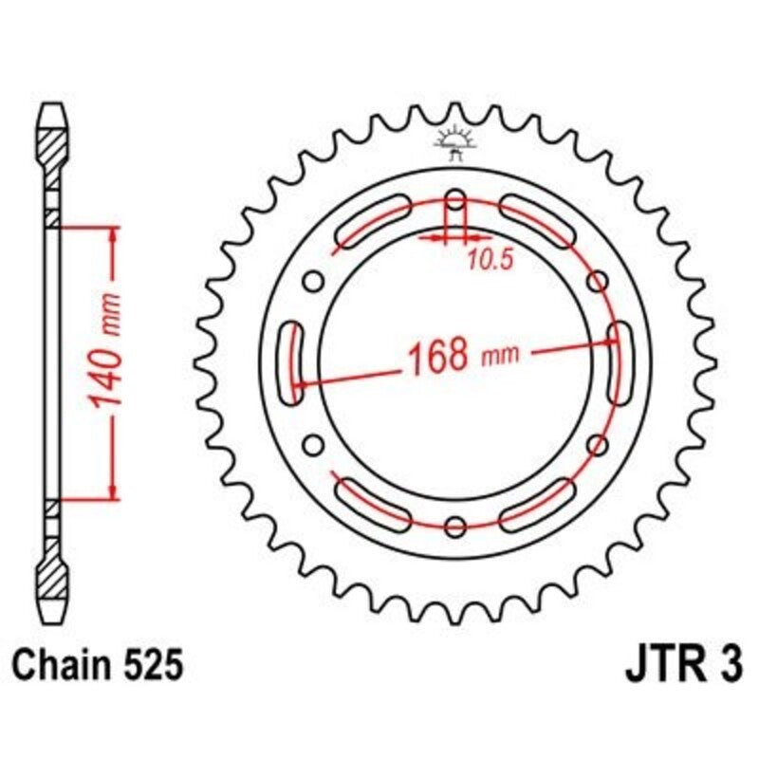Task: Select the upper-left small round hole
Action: click(x=312, y=282)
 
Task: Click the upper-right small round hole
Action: click(x=598, y=282)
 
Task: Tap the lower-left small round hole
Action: click(x=312, y=445)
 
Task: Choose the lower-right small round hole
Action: click(x=598, y=445)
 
